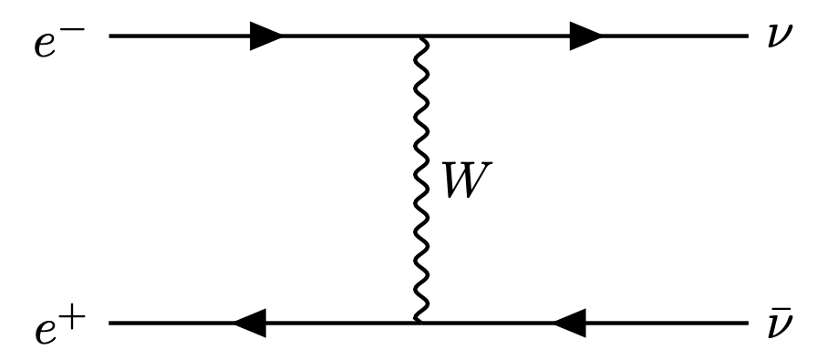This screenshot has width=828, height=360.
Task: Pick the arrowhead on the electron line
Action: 264,37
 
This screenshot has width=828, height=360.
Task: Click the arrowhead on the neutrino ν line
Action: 584,37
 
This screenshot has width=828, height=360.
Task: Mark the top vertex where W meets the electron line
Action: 419,37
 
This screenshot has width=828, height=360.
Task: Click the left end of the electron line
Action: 109,37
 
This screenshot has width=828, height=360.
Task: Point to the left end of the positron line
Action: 109,322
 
